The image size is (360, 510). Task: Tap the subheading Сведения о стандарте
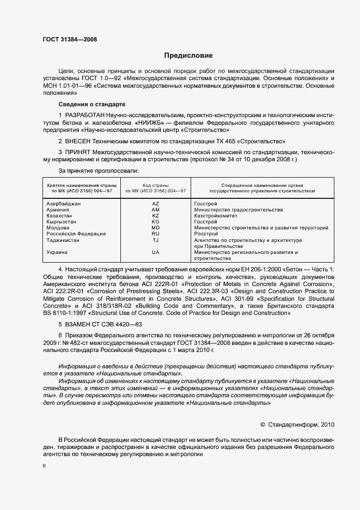click(92, 104)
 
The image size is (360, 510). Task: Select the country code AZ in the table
click(156, 204)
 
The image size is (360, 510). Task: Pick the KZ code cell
click(156, 216)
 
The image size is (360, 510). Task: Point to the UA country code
click(156, 252)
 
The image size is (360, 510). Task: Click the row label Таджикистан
click(64, 240)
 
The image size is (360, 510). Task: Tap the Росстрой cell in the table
click(205, 234)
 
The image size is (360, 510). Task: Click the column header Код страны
click(156, 185)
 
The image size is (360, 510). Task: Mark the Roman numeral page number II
click(45, 466)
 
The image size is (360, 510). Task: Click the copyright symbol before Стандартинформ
click(263, 423)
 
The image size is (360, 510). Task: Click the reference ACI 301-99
click(258, 299)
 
